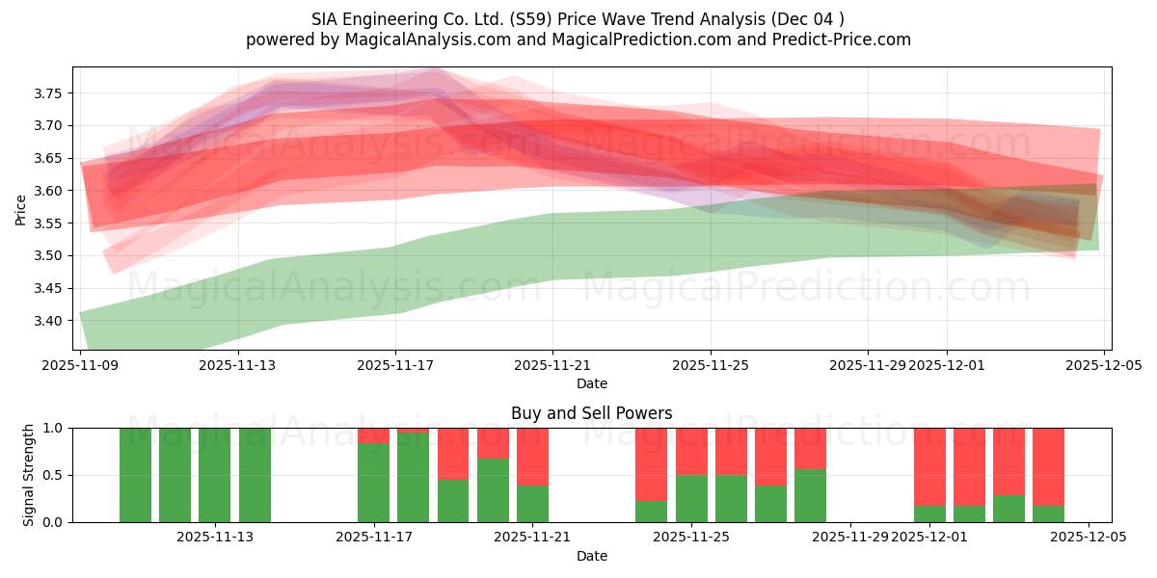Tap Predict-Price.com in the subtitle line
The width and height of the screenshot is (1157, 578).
835,39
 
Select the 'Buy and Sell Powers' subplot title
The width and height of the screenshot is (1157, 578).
591,413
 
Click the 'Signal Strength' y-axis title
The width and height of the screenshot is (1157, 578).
29,475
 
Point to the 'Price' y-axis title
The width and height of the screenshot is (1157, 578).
21,209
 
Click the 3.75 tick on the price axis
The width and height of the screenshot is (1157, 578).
48,93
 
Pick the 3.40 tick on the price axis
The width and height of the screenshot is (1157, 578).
48,321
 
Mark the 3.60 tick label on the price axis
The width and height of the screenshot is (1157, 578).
48,191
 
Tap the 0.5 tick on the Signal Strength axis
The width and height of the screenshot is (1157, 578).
53,475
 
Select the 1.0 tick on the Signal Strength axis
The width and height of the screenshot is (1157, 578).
53,428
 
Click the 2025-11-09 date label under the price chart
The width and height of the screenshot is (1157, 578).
79,366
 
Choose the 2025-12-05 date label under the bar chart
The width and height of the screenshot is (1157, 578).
1089,538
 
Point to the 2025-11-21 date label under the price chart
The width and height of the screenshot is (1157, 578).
552,366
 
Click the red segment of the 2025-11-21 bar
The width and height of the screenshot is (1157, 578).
532,456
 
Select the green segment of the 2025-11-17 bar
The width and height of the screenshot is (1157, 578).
373,482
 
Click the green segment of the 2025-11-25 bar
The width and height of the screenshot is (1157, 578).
691,498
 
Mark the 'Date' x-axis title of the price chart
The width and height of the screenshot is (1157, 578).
591,383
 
